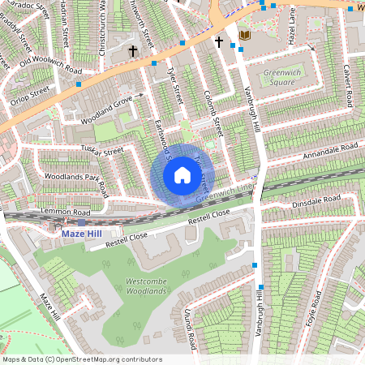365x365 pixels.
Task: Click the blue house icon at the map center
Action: click(x=182, y=174)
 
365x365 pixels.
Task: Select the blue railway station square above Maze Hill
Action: click(x=82, y=221)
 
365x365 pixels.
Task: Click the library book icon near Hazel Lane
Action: click(x=244, y=36)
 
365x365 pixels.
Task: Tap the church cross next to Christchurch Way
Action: click(x=133, y=51)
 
